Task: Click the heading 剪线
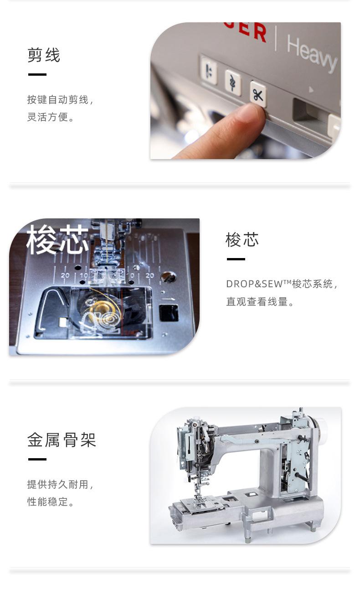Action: point(44,56)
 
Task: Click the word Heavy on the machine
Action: point(312,52)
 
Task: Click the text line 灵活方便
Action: point(51,117)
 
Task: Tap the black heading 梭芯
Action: point(242,240)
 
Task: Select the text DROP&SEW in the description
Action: point(258,284)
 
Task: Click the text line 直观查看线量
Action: point(260,302)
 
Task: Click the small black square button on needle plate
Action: point(168,313)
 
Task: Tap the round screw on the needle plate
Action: point(168,277)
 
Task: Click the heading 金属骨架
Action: point(62,440)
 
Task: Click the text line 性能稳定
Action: point(51,502)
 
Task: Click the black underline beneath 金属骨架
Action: point(37,459)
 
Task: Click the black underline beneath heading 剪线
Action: point(37,74)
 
